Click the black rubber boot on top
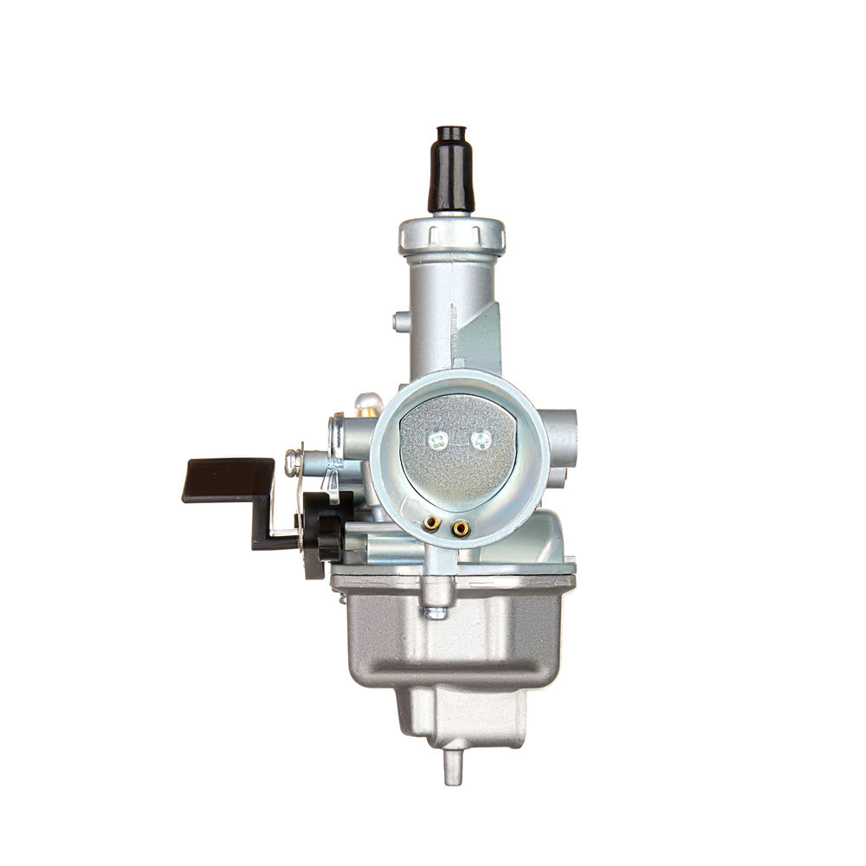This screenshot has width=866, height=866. (x=450, y=173)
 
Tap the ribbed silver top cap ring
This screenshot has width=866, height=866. (x=451, y=234)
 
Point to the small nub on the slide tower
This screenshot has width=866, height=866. (x=400, y=322)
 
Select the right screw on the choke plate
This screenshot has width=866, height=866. (x=481, y=441)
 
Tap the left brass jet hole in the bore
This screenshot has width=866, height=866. (x=430, y=522)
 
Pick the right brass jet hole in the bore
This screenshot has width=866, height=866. (x=461, y=527)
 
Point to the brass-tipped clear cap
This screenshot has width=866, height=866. (x=368, y=404)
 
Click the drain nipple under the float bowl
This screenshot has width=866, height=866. (x=453, y=766)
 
